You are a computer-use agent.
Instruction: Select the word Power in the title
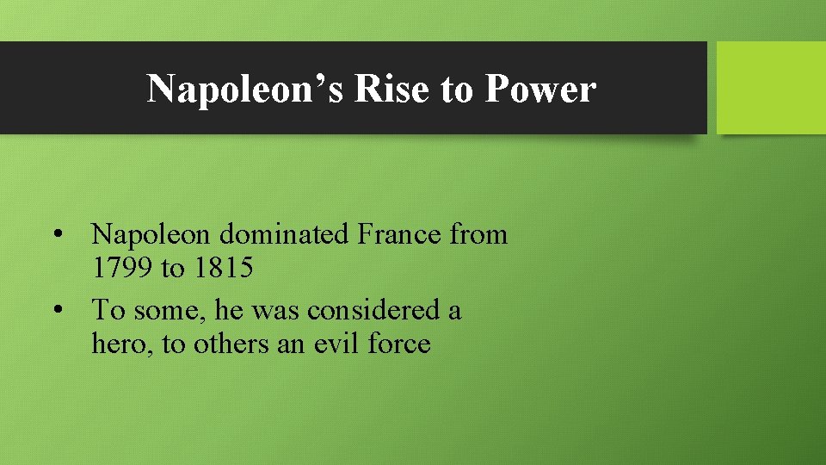[x=540, y=88]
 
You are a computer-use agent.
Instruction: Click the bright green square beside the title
[x=771, y=88]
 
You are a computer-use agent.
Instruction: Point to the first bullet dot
[x=57, y=234]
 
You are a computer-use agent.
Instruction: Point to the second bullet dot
[x=57, y=310]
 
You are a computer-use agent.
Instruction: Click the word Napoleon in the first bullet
[x=152, y=234]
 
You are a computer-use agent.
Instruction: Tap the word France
[x=401, y=234]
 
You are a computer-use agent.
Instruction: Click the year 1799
[x=123, y=268]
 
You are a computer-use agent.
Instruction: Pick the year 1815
[x=223, y=268]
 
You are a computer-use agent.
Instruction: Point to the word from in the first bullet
[x=478, y=234]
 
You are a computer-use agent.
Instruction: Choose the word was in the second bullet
[x=276, y=310]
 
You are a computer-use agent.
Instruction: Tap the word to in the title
[x=458, y=88]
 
